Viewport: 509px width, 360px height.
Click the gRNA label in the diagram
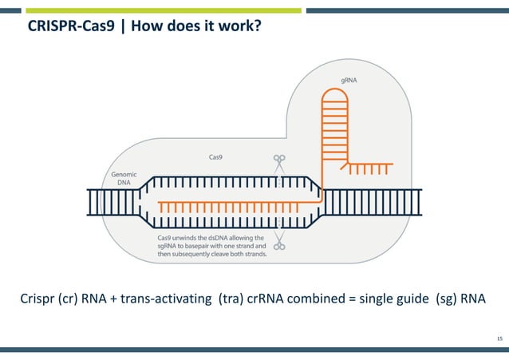pyautogui.click(x=349, y=81)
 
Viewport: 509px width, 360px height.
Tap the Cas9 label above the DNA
pyautogui.click(x=215, y=157)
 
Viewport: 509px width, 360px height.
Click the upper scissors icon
pyautogui.click(x=279, y=162)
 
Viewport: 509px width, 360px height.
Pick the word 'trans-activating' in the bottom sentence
pyautogui.click(x=168, y=300)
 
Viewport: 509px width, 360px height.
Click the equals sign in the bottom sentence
pyautogui.click(x=353, y=300)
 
